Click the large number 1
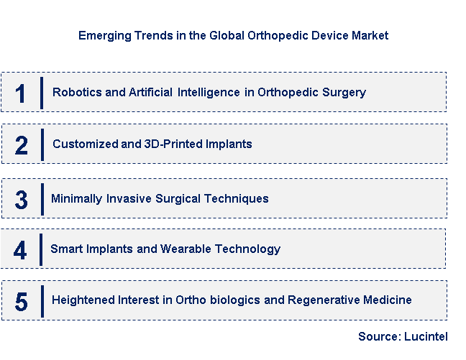pyautogui.click(x=20, y=93)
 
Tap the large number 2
pyautogui.click(x=22, y=145)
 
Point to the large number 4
pyautogui.click(x=20, y=250)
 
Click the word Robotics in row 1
pyautogui.click(x=75, y=93)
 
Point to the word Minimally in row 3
pyautogui.click(x=76, y=198)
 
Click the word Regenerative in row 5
pyautogui.click(x=324, y=300)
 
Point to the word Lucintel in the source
pyautogui.click(x=426, y=336)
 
